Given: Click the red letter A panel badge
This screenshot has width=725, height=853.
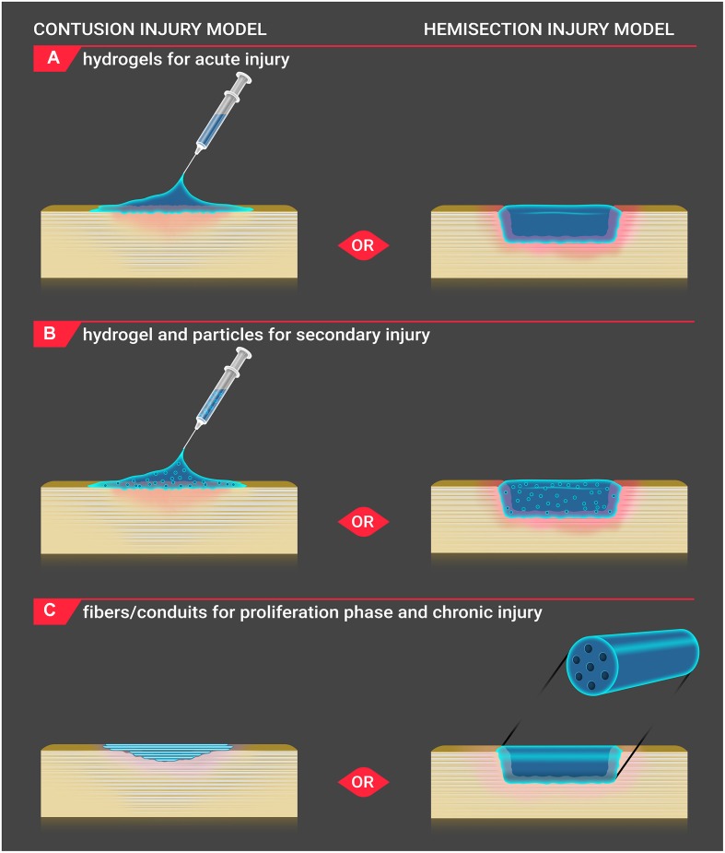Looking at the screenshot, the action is pos(53,58).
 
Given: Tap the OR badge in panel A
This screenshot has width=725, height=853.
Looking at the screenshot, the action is pos(363,245).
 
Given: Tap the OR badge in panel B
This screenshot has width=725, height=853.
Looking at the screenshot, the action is pos(363,522).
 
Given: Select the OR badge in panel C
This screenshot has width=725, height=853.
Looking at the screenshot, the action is pos(363,782).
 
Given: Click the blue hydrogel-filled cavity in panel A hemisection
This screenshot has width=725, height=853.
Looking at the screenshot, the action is pos(558,223).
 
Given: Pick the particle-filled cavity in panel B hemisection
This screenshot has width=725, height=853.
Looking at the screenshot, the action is pos(558,498).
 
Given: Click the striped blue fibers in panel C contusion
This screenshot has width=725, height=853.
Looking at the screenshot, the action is pos(165,752).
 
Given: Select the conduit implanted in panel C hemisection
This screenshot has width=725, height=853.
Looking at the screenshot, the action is pos(558,764).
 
